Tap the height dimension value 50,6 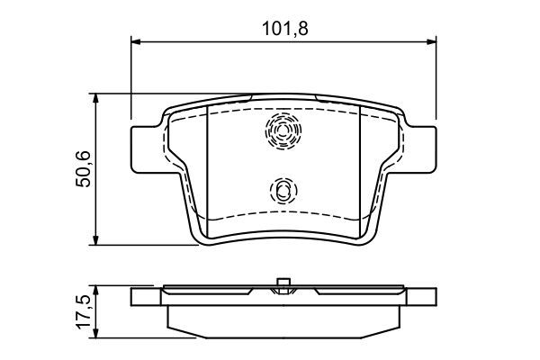tap(83, 168)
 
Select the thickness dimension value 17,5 tap(83, 310)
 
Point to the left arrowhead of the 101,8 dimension tap(138, 40)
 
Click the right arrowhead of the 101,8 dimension tap(431, 40)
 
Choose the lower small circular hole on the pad tap(283, 190)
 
